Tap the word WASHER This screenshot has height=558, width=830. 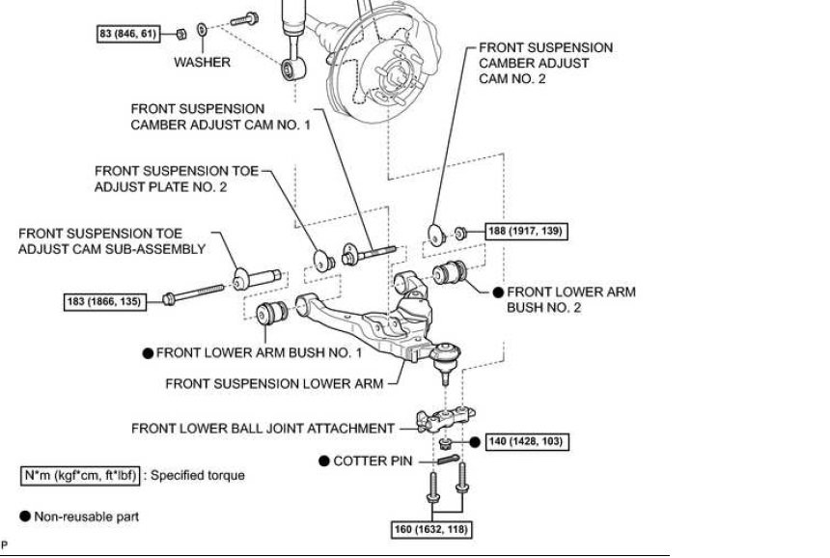coord(203,62)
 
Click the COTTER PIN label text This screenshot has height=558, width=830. coord(373,461)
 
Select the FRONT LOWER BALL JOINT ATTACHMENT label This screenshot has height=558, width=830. coord(263,429)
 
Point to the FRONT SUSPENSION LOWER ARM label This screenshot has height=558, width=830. coord(274,383)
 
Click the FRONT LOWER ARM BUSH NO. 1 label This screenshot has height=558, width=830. coord(260,352)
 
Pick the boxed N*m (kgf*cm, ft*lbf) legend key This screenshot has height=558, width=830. coord(80,475)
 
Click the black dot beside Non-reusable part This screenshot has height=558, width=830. coord(25,516)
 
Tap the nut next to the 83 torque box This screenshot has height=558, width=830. coord(180,35)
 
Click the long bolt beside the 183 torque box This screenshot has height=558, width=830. coord(193,293)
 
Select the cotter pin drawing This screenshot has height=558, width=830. coord(449,459)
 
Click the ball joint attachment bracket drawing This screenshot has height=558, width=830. coord(445,419)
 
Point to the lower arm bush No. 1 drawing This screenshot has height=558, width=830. coord(271,313)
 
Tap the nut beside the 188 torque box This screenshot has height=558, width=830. coord(460,233)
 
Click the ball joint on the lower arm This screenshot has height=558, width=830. coord(445,359)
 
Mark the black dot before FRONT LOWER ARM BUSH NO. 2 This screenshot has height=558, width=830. coord(498,293)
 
